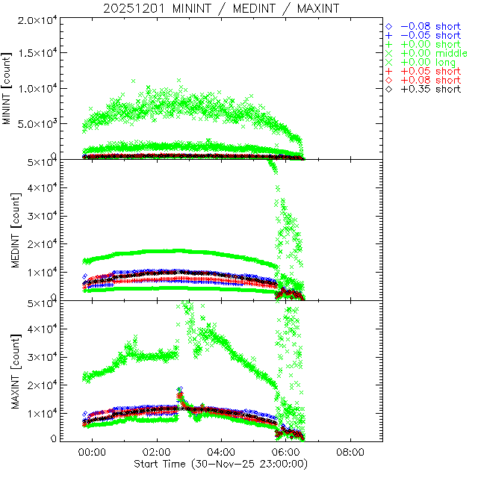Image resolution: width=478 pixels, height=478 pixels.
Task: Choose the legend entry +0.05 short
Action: tap(430, 71)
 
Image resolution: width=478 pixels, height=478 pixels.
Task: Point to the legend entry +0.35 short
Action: tap(430, 89)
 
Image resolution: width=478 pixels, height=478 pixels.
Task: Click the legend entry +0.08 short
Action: tap(430, 80)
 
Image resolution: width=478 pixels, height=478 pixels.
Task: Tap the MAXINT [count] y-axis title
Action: tap(8, 370)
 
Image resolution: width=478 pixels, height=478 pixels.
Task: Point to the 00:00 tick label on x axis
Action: tap(93, 453)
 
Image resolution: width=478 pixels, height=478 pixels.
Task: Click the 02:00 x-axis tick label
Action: tap(158, 453)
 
